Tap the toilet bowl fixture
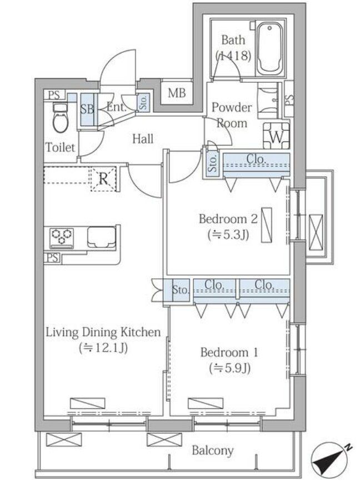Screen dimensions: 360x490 [x=60, y=119]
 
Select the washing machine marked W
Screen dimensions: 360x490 [x=276, y=136]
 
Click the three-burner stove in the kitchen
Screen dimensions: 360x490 [x=62, y=238]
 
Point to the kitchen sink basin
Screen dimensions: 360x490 [x=101, y=237]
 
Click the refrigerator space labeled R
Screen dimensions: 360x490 [x=103, y=179]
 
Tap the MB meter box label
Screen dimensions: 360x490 [x=177, y=93]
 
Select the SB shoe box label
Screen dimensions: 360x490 [x=87, y=109]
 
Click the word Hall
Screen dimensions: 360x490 [x=143, y=138]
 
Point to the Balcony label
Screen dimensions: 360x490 [x=212, y=451]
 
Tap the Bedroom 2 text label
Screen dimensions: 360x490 [x=228, y=218]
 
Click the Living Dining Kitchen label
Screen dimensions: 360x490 [x=103, y=332]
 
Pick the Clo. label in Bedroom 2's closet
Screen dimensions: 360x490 [x=256, y=159]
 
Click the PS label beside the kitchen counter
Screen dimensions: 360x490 [x=52, y=258]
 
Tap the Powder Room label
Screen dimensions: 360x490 [x=232, y=115]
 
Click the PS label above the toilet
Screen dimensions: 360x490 [x=54, y=94]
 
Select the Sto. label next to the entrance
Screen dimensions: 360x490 [x=143, y=102]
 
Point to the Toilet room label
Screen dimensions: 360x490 [x=61, y=147]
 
